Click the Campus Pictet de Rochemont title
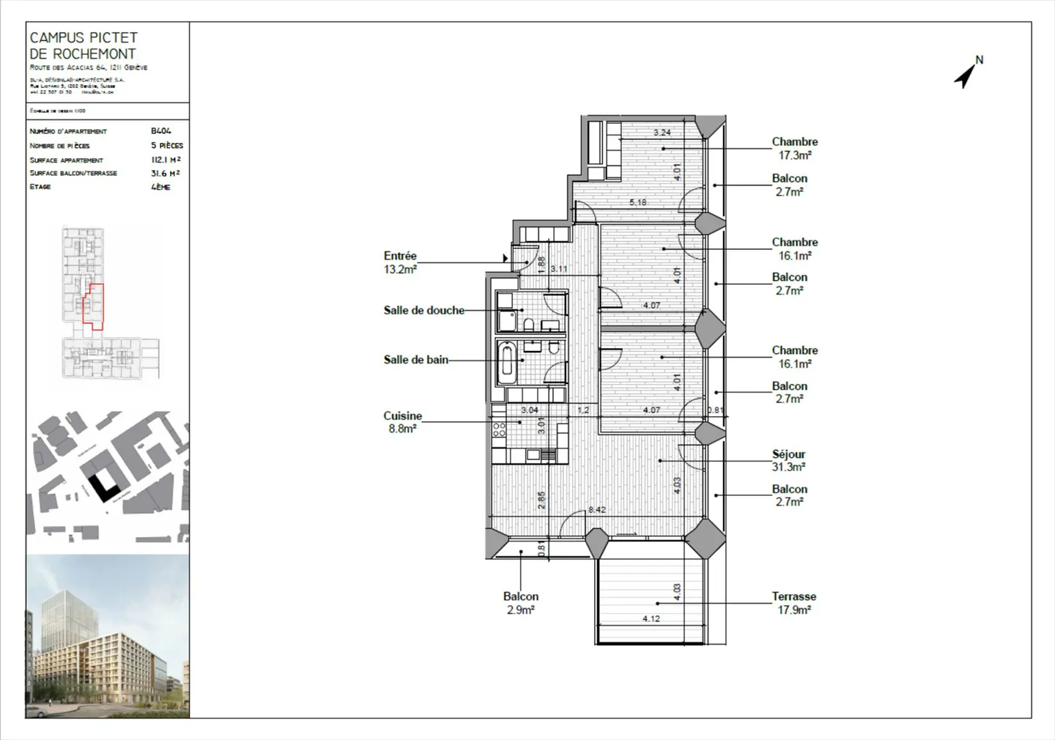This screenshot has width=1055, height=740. (83, 45)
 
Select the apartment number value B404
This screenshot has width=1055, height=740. (160, 131)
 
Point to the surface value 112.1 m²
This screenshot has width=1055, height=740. (166, 160)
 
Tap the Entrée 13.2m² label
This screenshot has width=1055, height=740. (400, 262)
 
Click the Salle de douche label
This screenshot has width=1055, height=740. (423, 310)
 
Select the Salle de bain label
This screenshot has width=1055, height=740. (415, 360)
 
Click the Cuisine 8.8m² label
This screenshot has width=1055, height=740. (402, 422)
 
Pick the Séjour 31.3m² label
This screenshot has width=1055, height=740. (788, 460)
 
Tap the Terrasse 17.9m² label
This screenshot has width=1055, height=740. (793, 603)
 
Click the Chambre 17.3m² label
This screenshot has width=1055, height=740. (794, 148)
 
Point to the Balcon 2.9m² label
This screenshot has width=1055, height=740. (520, 603)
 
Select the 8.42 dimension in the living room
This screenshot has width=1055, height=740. (596, 509)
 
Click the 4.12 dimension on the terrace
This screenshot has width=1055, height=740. (651, 618)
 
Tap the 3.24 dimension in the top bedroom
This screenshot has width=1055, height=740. (662, 133)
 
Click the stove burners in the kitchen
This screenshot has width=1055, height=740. (499, 429)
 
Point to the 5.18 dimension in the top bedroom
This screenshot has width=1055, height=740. (637, 202)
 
